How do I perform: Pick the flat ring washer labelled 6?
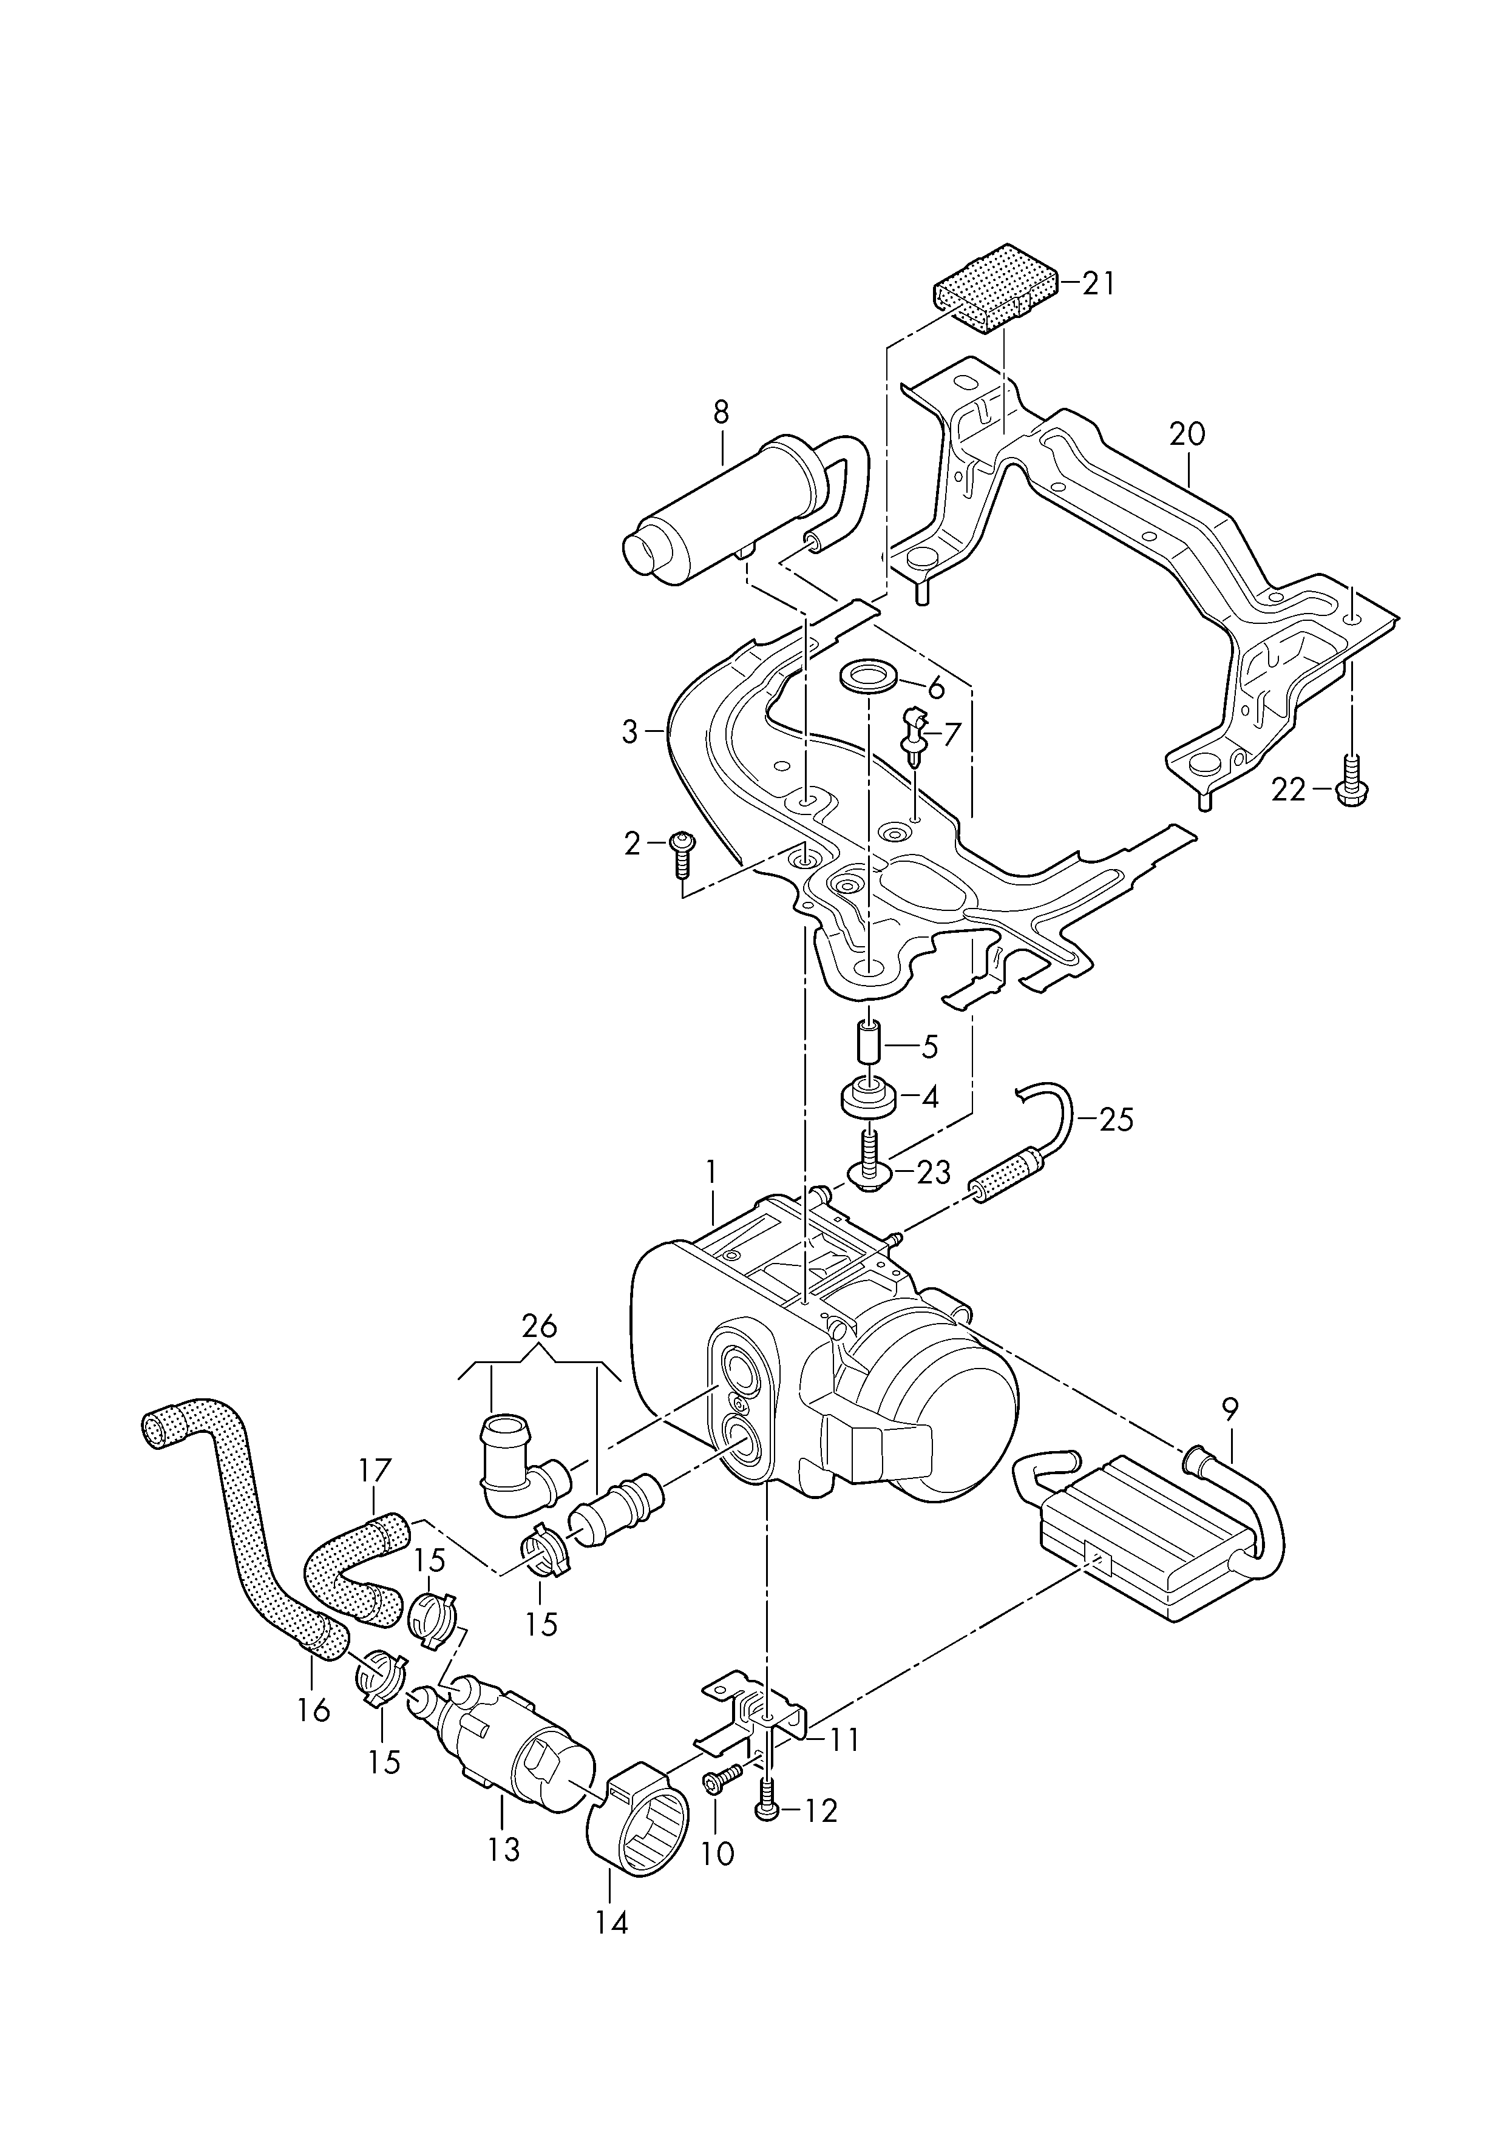point(868,677)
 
